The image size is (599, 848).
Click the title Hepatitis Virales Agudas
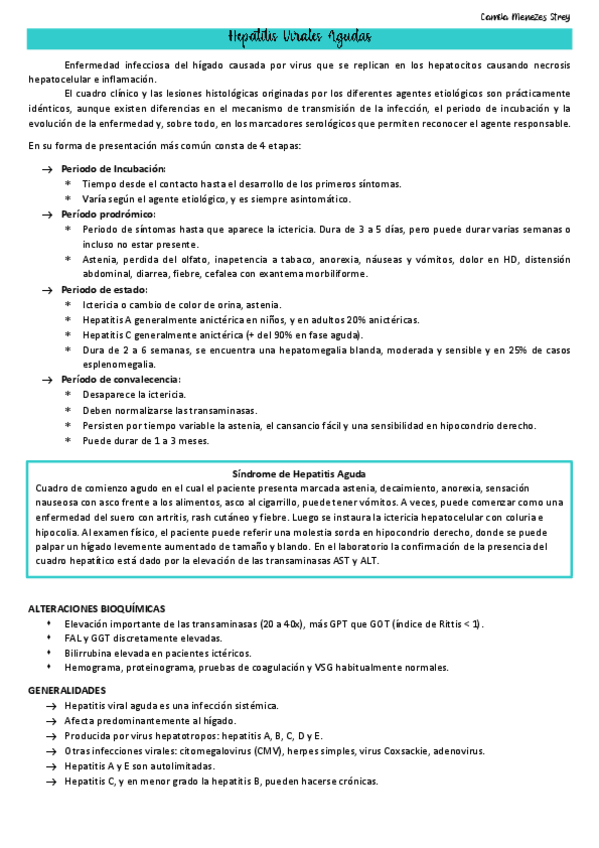(x=299, y=38)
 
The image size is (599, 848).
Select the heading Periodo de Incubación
(x=113, y=169)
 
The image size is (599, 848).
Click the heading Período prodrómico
(x=108, y=214)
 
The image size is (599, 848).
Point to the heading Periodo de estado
(x=106, y=289)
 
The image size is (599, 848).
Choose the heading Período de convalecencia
(x=120, y=380)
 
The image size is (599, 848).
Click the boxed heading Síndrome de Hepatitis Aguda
(x=299, y=473)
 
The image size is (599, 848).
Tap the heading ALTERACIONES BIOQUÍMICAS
(x=96, y=608)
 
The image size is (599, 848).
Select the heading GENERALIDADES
(x=67, y=691)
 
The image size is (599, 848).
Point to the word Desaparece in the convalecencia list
(x=109, y=395)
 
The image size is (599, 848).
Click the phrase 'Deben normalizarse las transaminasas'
(x=169, y=410)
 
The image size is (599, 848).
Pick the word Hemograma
(x=91, y=667)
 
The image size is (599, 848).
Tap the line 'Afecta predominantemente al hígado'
(x=150, y=720)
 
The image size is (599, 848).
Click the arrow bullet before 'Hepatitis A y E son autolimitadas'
(x=49, y=765)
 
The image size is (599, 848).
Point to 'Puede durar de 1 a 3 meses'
(x=145, y=440)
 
